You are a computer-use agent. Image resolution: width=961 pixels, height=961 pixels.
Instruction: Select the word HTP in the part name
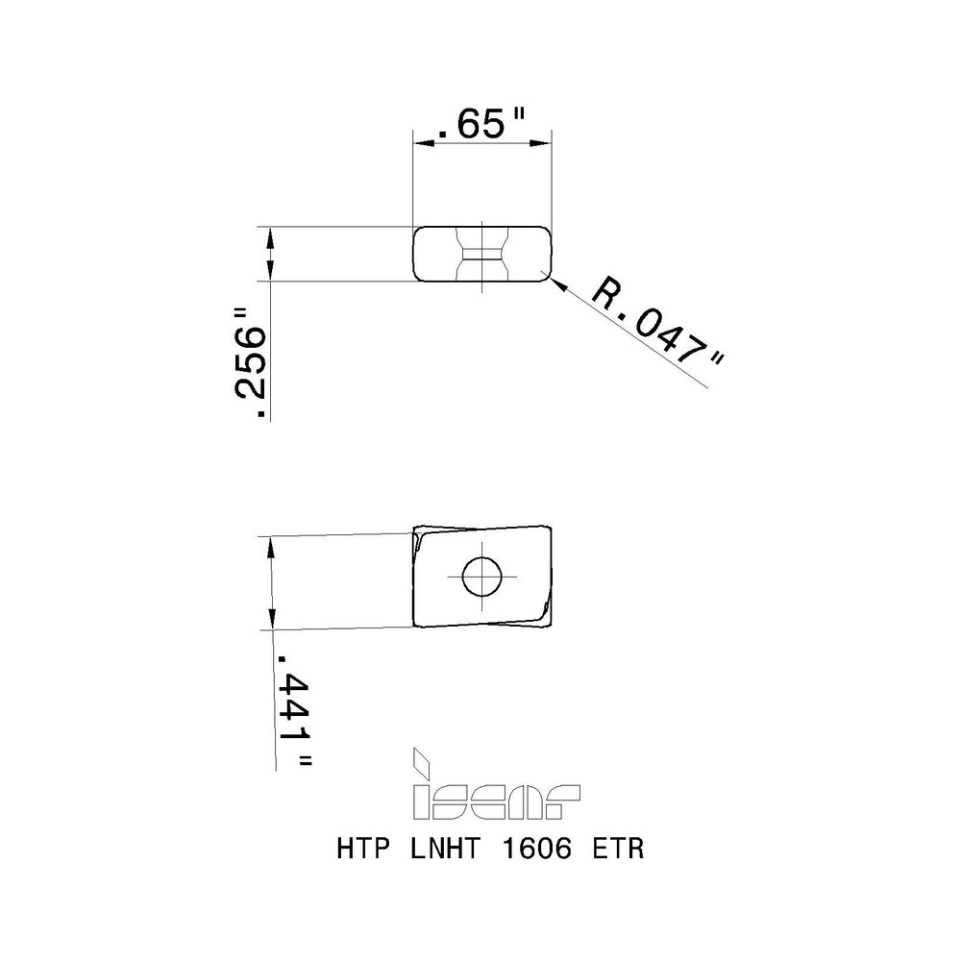pyautogui.click(x=360, y=850)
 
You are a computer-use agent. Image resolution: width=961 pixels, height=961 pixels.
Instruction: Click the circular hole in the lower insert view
pyautogui.click(x=481, y=576)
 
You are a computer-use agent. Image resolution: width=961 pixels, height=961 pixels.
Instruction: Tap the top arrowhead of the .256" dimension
pyautogui.click(x=270, y=234)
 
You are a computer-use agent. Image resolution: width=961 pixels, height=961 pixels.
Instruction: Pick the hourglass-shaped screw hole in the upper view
pyautogui.click(x=480, y=253)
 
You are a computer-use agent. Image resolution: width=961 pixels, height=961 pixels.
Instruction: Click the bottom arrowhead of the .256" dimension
pyautogui.click(x=270, y=273)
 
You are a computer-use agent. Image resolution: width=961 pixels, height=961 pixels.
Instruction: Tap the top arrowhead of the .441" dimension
pyautogui.click(x=270, y=543)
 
